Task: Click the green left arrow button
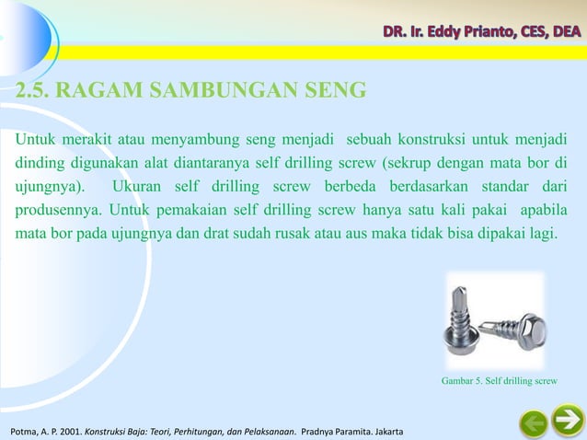[x=533, y=424]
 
